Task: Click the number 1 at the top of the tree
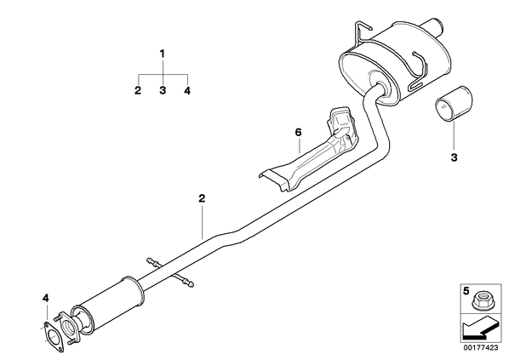pyautogui.click(x=163, y=54)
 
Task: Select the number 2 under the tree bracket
pyautogui.click(x=138, y=90)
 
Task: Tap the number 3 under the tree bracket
pyautogui.click(x=163, y=90)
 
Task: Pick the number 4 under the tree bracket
pyautogui.click(x=187, y=90)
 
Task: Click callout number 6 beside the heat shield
pyautogui.click(x=298, y=133)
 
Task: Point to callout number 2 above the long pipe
pyautogui.click(x=202, y=198)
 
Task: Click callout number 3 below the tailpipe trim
pyautogui.click(x=455, y=157)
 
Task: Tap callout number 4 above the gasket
pyautogui.click(x=46, y=298)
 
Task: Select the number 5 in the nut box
pyautogui.click(x=466, y=290)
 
